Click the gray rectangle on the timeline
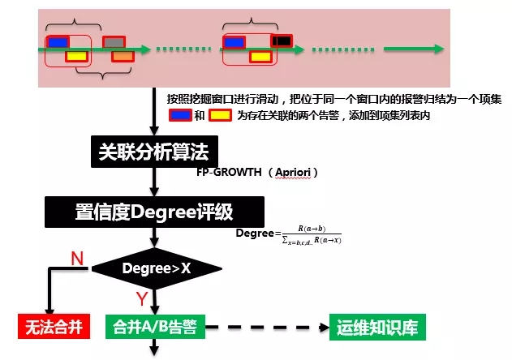(114, 42)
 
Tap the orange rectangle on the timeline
(122, 56)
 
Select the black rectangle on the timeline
(282, 41)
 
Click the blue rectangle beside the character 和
(180, 115)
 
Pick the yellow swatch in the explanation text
(219, 115)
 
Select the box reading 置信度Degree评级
(153, 213)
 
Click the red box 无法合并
(51, 328)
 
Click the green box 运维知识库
(377, 328)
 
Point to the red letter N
(78, 259)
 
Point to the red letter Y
(141, 298)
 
